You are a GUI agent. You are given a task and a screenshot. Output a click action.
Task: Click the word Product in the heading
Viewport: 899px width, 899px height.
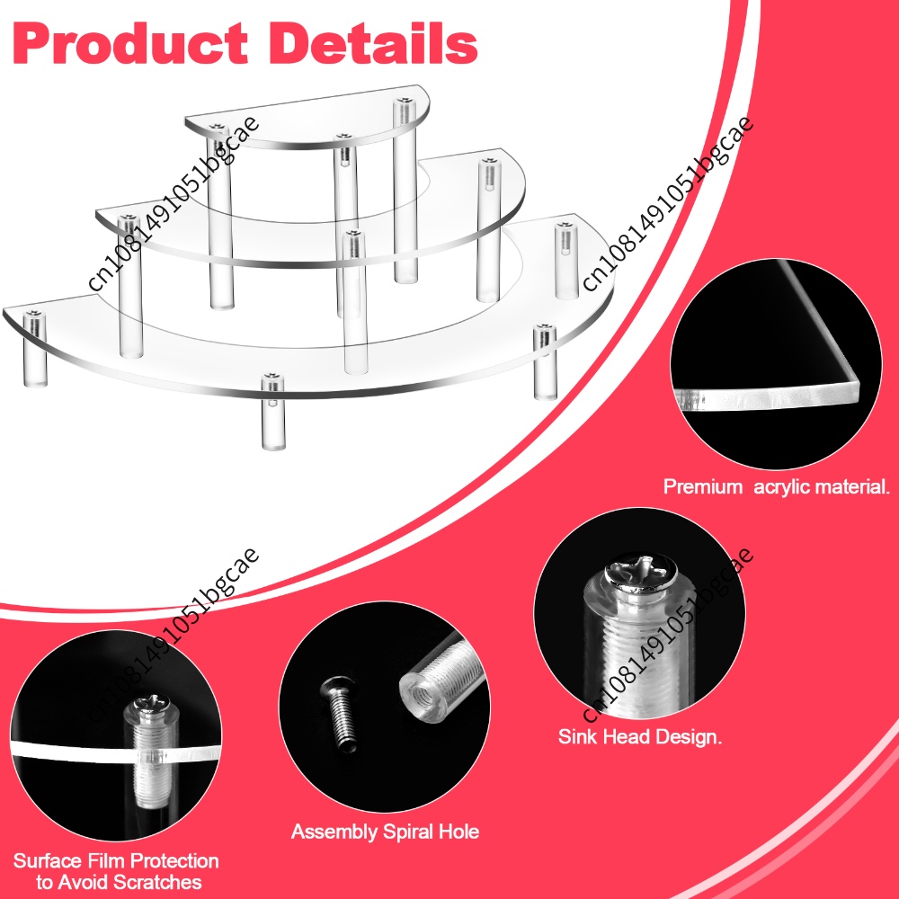[x=130, y=44]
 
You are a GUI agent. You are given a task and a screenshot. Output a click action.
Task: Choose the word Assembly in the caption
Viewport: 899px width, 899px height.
[x=334, y=832]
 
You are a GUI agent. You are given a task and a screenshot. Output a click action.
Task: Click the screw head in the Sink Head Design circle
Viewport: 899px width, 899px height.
[x=642, y=574]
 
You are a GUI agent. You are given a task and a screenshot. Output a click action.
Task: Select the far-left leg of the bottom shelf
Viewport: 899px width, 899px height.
[x=34, y=349]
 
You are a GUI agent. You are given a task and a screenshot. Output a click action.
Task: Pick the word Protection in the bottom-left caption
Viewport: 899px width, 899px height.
[x=175, y=861]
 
